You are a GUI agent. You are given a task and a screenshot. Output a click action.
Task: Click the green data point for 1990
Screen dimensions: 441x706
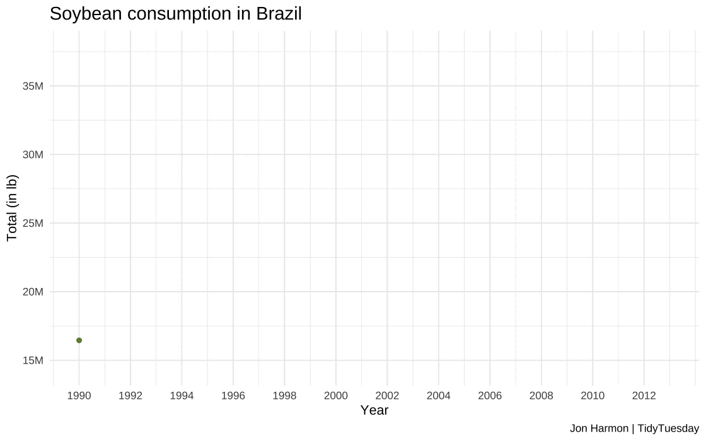pos(79,340)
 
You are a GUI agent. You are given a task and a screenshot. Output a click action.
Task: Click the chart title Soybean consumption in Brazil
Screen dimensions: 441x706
pos(175,14)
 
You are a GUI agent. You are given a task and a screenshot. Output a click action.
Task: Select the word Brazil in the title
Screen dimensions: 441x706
pos(279,14)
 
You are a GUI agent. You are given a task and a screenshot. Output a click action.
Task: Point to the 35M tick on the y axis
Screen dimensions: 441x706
pos(33,86)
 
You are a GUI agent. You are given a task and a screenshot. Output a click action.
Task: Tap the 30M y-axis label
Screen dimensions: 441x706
pos(33,154)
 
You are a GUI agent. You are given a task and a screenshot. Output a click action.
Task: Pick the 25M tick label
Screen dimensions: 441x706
pos(33,223)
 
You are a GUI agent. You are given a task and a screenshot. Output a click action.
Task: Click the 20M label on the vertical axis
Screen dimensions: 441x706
pos(33,292)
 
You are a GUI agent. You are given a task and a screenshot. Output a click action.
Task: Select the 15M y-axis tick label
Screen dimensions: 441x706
pos(33,360)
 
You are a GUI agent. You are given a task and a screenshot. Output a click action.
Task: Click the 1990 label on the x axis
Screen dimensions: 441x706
pos(79,396)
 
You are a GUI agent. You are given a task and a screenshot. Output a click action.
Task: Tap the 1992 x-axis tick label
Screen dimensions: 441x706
pos(130,396)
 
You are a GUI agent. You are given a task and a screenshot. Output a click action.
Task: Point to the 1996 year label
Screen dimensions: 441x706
pos(233,396)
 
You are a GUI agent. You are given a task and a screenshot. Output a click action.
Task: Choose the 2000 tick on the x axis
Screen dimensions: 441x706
pos(336,396)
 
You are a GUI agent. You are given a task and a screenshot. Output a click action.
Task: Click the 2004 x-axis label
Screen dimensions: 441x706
pos(439,396)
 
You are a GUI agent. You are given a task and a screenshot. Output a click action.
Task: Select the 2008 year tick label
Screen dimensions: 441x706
pos(541,396)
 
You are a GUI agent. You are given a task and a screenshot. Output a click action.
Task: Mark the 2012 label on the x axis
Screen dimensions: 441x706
pos(644,396)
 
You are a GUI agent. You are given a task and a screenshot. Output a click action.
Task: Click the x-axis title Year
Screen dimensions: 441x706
pos(374,411)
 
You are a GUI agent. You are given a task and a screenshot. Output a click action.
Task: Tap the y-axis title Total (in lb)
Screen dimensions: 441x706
pos(12,208)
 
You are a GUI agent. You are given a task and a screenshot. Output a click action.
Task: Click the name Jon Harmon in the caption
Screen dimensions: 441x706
pos(598,429)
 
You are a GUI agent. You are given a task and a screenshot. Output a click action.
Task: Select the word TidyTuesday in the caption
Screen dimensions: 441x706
pos(668,429)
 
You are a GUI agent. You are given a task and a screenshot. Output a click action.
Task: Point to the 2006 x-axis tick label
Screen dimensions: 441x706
pos(490,396)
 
